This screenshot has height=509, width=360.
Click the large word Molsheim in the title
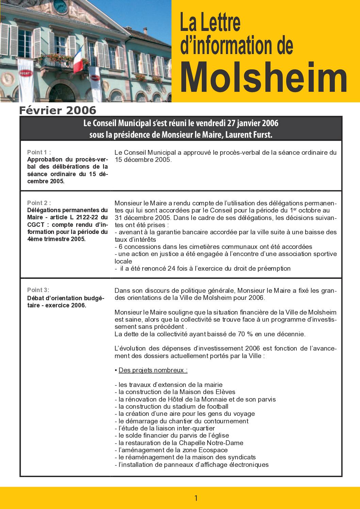pos(264,78)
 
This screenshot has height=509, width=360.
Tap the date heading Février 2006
pos(58,111)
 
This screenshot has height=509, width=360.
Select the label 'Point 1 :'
pos(39,152)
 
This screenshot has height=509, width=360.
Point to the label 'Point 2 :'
pos(39,203)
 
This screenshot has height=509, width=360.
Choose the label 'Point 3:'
pos(38,290)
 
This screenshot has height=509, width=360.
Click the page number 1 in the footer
pos(196,498)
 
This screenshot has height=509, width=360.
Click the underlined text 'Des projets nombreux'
pos(153,370)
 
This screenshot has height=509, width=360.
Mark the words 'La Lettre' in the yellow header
pos(210,23)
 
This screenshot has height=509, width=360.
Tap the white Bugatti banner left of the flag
pos(26,73)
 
